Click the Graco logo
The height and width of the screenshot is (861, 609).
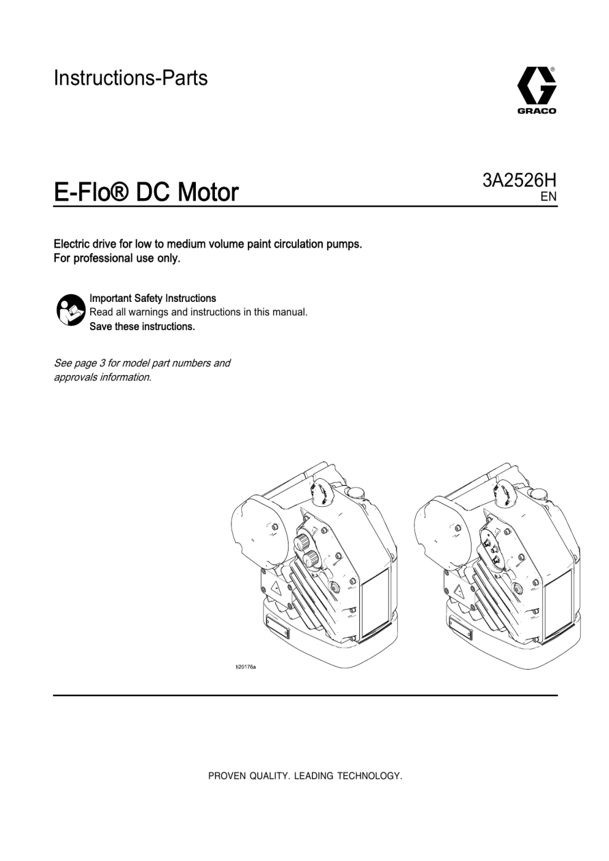(x=537, y=90)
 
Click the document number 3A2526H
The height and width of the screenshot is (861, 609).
(x=519, y=180)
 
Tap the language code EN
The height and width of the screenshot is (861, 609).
(x=549, y=196)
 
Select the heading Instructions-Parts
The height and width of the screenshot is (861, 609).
(x=131, y=78)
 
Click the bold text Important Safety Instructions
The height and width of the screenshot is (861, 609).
(x=153, y=298)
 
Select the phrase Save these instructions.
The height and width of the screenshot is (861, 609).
(x=142, y=326)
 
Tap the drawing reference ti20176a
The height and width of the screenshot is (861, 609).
(x=246, y=667)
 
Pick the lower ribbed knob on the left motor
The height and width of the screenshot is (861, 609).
(x=310, y=558)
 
